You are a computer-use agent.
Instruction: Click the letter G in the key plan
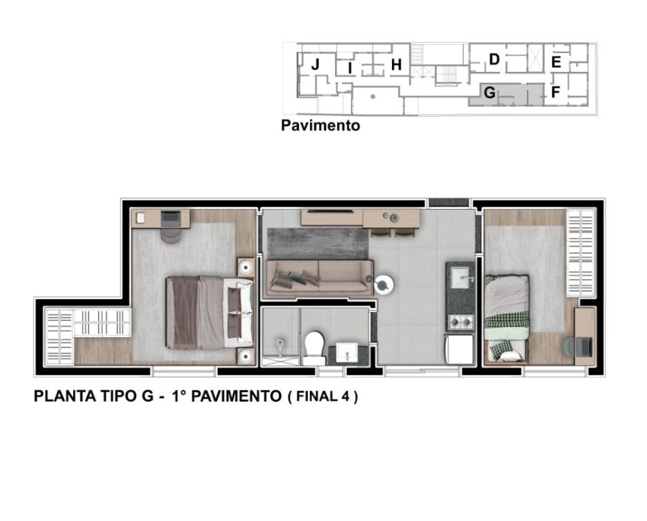[x=490, y=93]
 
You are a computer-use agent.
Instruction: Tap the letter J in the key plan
[x=315, y=64]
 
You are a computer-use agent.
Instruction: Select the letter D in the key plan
[x=494, y=60]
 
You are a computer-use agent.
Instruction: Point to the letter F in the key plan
[x=555, y=93]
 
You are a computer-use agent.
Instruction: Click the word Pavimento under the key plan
[x=320, y=126]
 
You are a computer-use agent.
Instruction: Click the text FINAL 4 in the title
[x=322, y=397]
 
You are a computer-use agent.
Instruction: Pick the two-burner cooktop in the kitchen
[x=460, y=321]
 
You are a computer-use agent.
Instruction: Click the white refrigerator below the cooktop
[x=460, y=349]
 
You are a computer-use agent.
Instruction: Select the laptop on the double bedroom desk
[x=171, y=218]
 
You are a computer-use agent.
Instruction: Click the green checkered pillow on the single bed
[x=499, y=350]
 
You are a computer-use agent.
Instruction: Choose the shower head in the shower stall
[x=280, y=342]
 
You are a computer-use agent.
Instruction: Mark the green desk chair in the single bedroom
[x=567, y=347]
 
